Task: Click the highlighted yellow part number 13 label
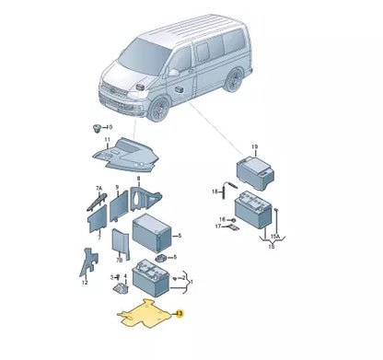(x=180, y=314)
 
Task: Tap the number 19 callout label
(x=254, y=146)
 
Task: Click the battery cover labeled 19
(x=253, y=169)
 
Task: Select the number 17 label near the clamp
(x=218, y=226)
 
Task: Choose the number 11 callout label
(x=106, y=141)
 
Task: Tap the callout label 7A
(x=99, y=188)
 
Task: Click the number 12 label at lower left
(x=85, y=283)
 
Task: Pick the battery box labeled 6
(x=152, y=235)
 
